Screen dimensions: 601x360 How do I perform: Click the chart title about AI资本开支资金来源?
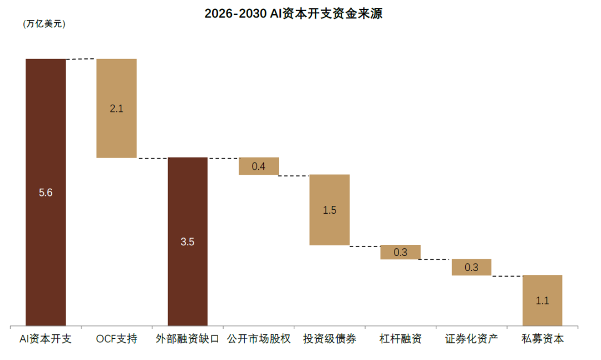click(x=293, y=13)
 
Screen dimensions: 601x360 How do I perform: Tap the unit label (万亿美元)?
click(x=44, y=24)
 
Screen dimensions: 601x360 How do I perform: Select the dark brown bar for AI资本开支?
click(x=46, y=193)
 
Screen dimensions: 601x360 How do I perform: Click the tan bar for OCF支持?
click(x=116, y=109)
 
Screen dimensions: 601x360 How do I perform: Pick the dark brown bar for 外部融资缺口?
click(x=188, y=242)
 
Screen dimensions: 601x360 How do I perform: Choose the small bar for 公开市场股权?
click(x=259, y=166)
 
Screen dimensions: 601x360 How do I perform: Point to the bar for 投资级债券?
click(x=329, y=210)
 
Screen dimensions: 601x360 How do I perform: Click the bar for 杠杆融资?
click(x=401, y=252)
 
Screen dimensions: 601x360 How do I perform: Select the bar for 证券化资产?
click(x=471, y=267)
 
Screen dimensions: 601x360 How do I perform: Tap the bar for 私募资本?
click(x=543, y=300)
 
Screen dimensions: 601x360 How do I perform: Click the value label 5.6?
click(x=46, y=193)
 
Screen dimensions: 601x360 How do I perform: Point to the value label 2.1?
click(x=116, y=109)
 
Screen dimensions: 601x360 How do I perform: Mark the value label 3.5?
click(x=188, y=242)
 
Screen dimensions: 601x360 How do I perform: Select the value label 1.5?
click(x=329, y=210)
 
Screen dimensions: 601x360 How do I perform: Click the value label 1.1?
click(x=543, y=300)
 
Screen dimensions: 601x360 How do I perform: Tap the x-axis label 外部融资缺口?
click(x=188, y=339)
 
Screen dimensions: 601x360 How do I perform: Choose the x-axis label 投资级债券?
click(x=329, y=339)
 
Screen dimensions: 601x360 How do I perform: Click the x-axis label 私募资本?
click(x=543, y=339)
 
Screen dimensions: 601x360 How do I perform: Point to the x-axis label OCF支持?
click(x=116, y=339)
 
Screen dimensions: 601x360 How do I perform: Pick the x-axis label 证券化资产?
click(x=471, y=339)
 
